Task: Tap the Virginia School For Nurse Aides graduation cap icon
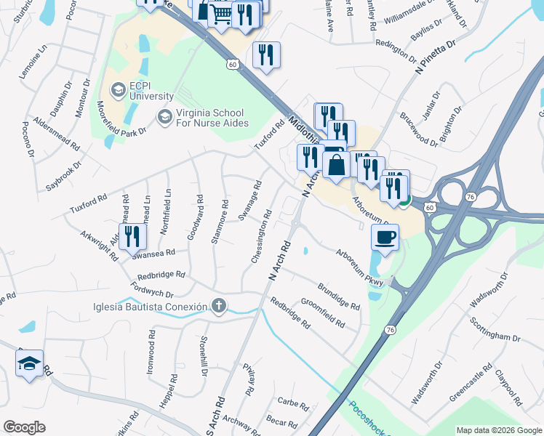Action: click(x=165, y=116)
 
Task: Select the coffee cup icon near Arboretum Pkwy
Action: click(x=385, y=236)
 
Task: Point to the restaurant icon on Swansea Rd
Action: click(x=132, y=236)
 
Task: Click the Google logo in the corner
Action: click(x=24, y=427)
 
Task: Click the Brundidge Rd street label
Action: click(x=339, y=296)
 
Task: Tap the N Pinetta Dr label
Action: click(x=434, y=58)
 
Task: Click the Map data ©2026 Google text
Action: click(x=499, y=430)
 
